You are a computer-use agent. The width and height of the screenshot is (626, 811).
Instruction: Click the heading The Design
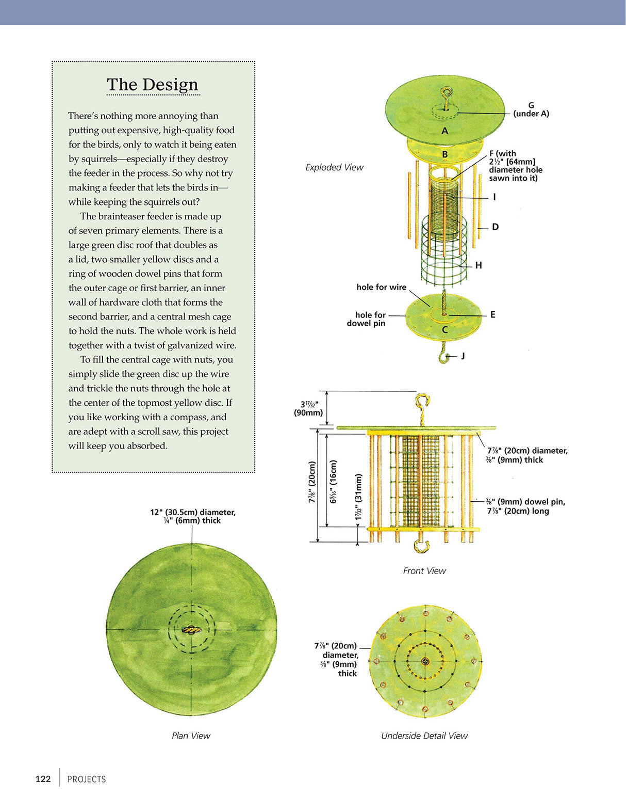point(153,85)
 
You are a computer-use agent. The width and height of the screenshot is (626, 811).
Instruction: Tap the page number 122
point(43,779)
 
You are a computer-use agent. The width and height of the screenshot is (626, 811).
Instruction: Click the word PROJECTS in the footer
point(87,779)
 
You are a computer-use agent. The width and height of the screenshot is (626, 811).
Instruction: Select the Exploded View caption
point(334,167)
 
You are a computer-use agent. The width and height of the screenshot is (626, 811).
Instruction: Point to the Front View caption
point(424,570)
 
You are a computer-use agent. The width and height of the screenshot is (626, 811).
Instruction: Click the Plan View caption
point(191,736)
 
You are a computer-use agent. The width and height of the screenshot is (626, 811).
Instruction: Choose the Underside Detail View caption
point(424,736)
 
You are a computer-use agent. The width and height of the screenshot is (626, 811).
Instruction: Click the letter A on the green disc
point(444,131)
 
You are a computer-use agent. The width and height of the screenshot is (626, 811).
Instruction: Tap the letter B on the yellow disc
point(444,154)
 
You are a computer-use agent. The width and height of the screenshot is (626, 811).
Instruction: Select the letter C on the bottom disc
point(444,330)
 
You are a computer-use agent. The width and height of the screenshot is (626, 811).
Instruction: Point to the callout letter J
point(463,356)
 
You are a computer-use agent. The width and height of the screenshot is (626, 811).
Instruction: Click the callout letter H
point(479,265)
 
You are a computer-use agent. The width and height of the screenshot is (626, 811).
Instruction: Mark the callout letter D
point(495,227)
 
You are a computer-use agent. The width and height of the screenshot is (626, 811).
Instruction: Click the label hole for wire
point(381,287)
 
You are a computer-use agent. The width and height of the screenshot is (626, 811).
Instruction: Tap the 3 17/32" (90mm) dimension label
point(308,408)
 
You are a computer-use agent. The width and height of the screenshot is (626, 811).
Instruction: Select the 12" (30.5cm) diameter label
point(193,516)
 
